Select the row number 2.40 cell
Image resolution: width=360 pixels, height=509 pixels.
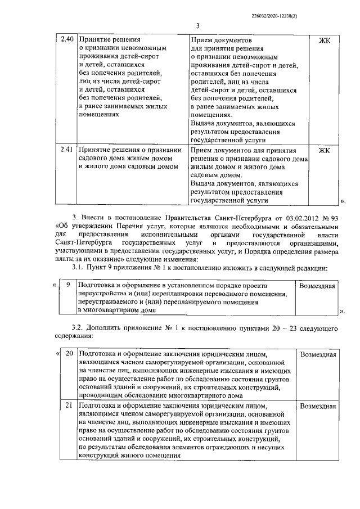coord(66,39)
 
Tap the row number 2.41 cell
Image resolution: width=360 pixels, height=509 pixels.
coord(66,150)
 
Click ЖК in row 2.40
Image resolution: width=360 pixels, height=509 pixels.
coord(325,40)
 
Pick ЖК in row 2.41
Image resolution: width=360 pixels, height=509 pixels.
coord(325,151)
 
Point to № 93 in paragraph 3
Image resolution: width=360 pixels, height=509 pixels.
coord(330,217)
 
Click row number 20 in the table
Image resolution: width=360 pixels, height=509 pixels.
coord(69,354)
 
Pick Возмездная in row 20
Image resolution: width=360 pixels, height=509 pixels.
coord(318,354)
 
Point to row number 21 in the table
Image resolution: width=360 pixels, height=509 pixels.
coord(69,405)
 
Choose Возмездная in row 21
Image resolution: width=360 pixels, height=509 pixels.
coord(318,405)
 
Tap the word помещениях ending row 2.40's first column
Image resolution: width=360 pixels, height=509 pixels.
coord(100,114)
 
